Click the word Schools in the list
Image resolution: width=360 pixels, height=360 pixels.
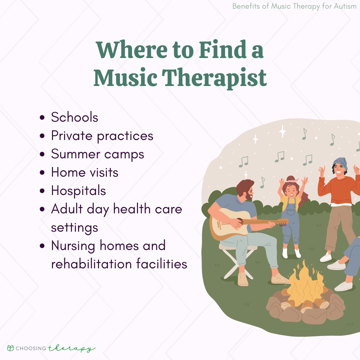tap(75, 117)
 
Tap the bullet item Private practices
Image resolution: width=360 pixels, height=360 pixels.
tap(102, 136)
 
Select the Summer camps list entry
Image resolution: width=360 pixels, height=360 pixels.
tap(98, 154)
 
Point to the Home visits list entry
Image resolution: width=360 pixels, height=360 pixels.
tap(85, 172)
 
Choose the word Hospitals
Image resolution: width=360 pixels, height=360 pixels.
tap(79, 191)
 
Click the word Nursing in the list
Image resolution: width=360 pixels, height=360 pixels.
tap(73, 246)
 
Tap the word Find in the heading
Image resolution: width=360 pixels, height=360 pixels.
tap(223, 50)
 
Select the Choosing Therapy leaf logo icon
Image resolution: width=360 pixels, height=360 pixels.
tap(11, 348)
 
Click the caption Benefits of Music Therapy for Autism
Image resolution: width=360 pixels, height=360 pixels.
tap(294, 6)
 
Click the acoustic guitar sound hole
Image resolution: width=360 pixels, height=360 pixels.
tap(240, 222)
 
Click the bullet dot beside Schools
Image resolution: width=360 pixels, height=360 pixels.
tap(42, 118)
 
